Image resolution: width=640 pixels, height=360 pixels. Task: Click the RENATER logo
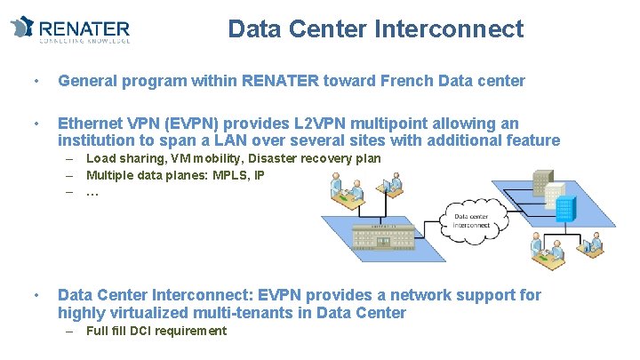(70, 28)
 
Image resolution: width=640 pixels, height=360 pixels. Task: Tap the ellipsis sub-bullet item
(92, 192)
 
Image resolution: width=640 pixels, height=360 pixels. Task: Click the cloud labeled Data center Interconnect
(471, 219)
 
